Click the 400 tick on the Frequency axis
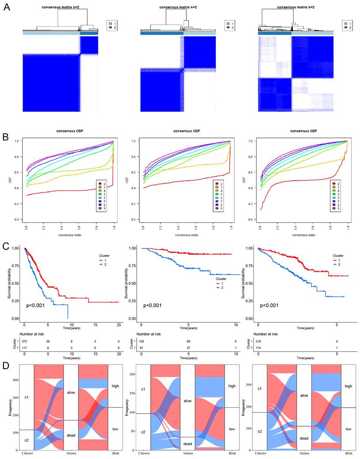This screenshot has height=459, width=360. coord(15,380)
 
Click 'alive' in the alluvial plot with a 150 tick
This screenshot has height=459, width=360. coord(188,402)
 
